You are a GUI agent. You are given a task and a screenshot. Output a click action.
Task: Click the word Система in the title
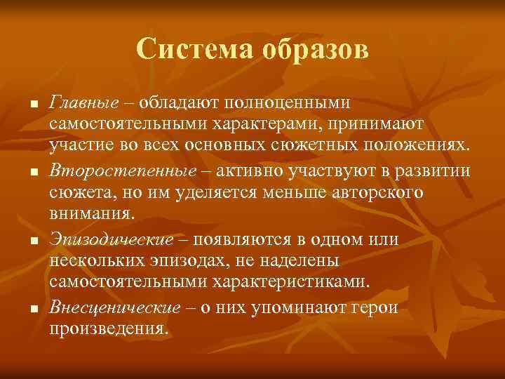coord(196,50)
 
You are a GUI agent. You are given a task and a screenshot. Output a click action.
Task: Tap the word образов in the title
coord(315,50)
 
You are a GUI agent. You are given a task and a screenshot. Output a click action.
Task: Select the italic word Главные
coord(83,103)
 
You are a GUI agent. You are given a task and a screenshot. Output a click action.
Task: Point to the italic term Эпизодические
coord(112,240)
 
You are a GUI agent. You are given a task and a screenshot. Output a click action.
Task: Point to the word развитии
coord(436,172)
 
